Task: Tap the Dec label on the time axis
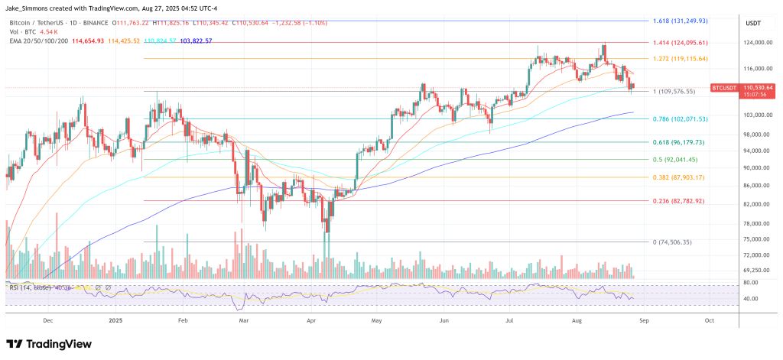[48, 322]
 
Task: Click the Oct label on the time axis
[709, 322]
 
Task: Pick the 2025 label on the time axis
[115, 322]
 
